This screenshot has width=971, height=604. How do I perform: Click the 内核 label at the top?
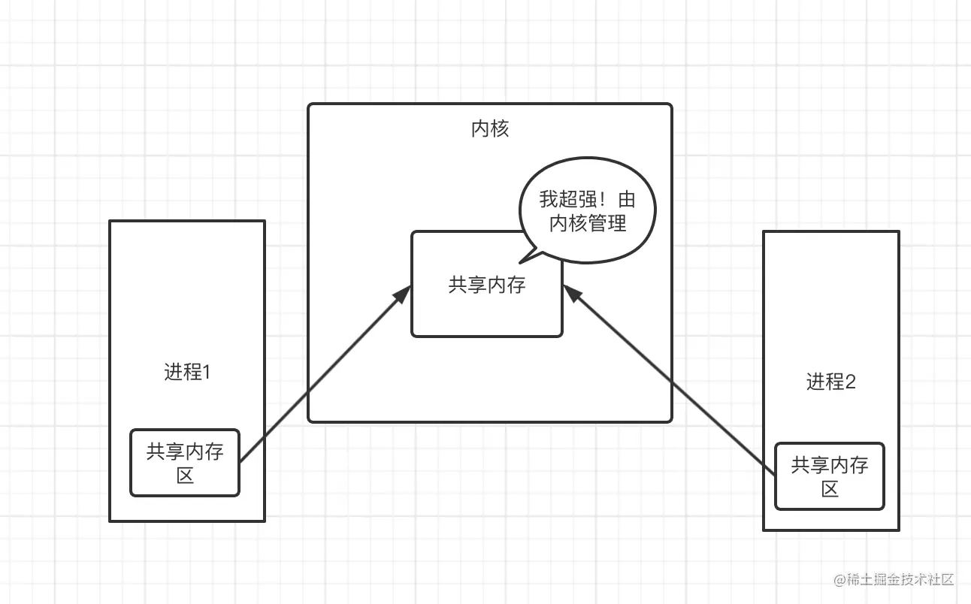click(x=490, y=129)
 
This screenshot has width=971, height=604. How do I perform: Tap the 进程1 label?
click(x=186, y=372)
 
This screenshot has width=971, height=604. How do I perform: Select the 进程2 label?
click(x=830, y=382)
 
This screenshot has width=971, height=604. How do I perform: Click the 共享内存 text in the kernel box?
click(x=486, y=285)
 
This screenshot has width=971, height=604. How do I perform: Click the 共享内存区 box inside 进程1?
click(x=185, y=463)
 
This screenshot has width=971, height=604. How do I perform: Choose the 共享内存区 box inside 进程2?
click(x=829, y=476)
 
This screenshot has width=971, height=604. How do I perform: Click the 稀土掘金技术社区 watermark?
click(x=900, y=579)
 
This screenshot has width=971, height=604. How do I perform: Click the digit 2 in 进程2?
click(x=851, y=382)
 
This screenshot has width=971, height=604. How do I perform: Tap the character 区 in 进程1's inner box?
click(x=185, y=475)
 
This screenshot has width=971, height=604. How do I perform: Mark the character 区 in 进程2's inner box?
click(x=829, y=489)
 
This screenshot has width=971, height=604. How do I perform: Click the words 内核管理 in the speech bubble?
click(x=587, y=223)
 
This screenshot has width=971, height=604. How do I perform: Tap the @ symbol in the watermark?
click(x=839, y=580)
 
